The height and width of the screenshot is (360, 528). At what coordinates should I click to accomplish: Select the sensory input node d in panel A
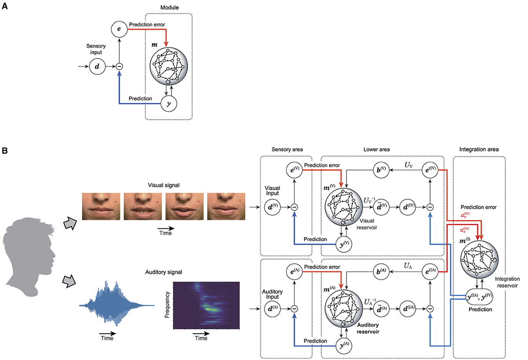[96, 67]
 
